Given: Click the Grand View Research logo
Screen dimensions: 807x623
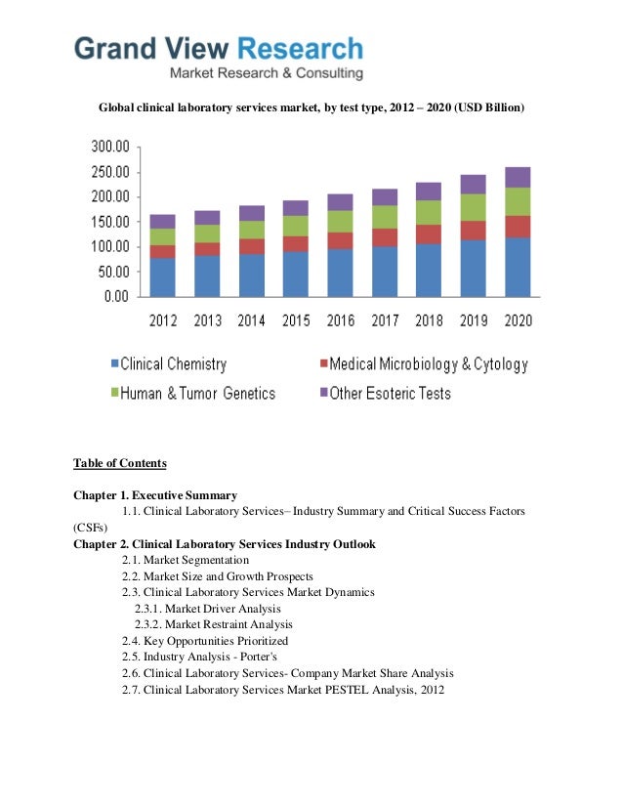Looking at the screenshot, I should pyautogui.click(x=219, y=56).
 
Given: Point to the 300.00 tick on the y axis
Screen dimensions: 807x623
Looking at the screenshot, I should pyautogui.click(x=109, y=147).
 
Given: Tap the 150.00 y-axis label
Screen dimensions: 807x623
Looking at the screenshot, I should pyautogui.click(x=109, y=222).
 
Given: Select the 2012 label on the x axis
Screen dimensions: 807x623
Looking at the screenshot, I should pyautogui.click(x=163, y=319).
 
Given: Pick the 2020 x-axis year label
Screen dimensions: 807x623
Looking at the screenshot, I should pyautogui.click(x=519, y=319).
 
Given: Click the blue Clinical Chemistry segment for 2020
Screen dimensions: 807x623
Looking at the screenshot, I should pyautogui.click(x=519, y=266).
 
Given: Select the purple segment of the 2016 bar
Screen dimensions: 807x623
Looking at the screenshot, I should pyautogui.click(x=341, y=202).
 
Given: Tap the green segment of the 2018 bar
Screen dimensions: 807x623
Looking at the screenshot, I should pyautogui.click(x=430, y=212).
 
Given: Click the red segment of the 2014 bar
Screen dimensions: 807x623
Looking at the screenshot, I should pyautogui.click(x=252, y=246).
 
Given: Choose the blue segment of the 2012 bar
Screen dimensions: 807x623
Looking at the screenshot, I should pyautogui.click(x=163, y=276).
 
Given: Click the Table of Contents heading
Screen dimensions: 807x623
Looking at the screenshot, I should pyautogui.click(x=120, y=463).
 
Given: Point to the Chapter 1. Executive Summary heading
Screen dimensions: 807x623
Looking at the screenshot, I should pyautogui.click(x=155, y=495).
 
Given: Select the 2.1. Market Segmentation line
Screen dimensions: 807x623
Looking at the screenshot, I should pyautogui.click(x=186, y=560).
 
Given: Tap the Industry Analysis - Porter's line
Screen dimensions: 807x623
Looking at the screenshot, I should pyautogui.click(x=200, y=657).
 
